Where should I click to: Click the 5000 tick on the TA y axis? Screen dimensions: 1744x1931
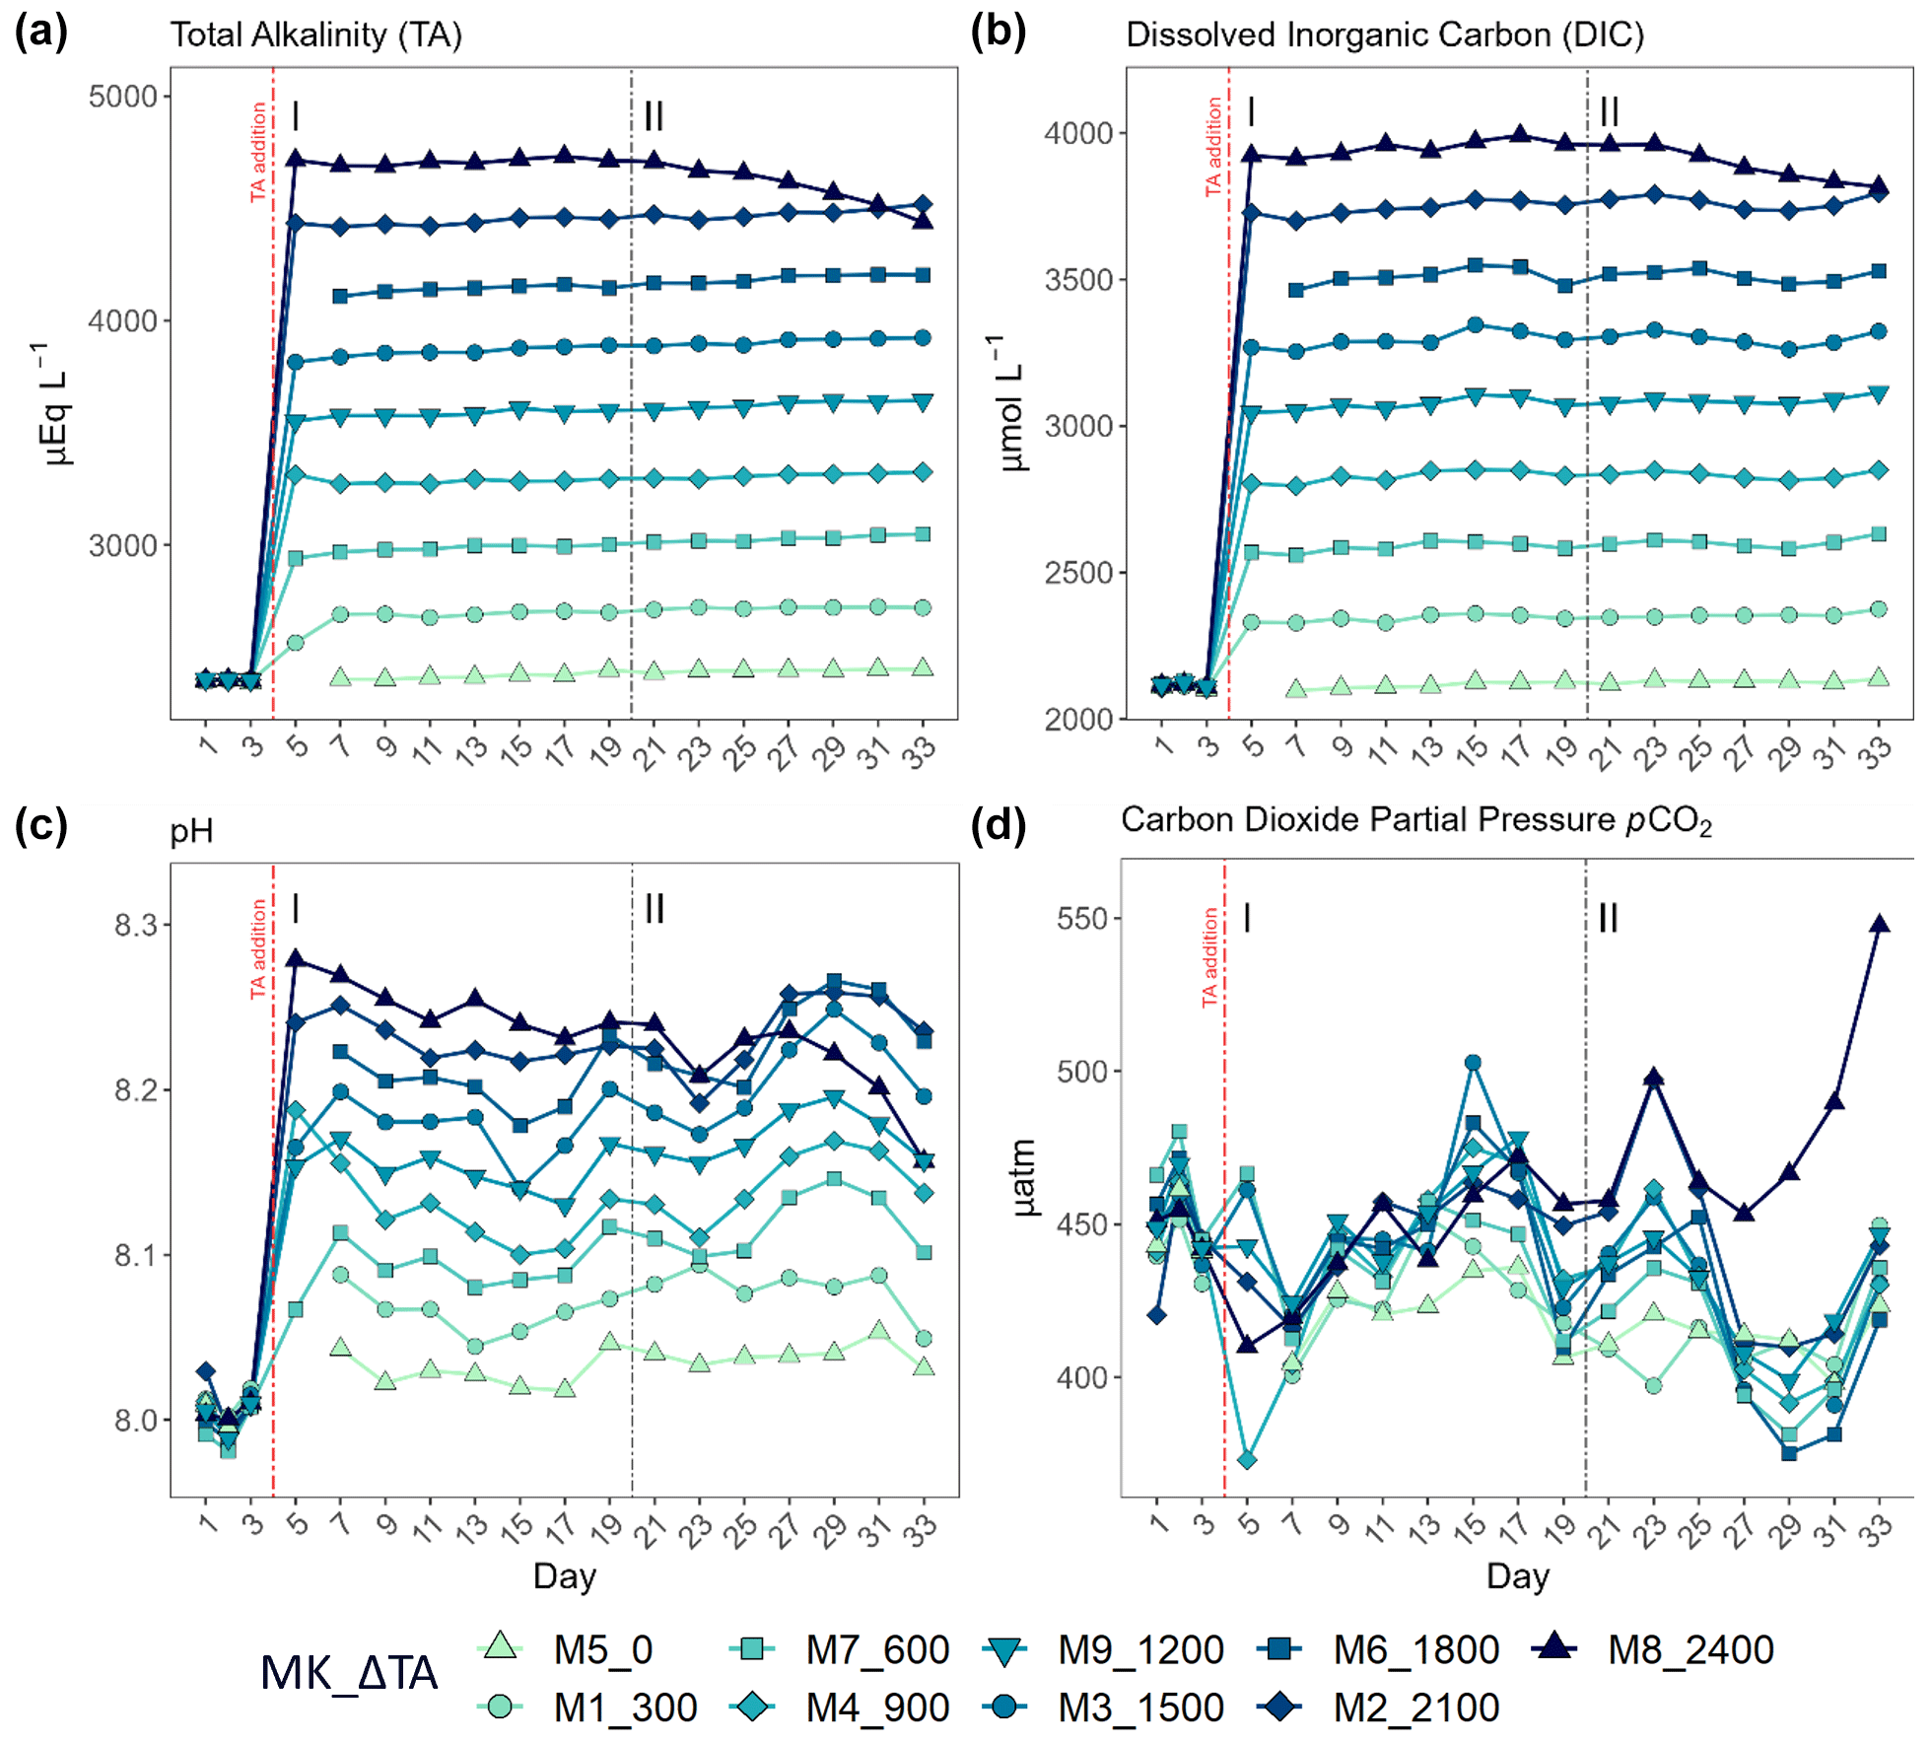[122, 97]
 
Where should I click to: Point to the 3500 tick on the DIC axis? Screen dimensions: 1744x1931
[1078, 280]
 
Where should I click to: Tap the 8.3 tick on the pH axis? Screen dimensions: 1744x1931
[135, 925]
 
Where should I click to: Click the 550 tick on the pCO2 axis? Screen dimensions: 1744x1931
[1082, 919]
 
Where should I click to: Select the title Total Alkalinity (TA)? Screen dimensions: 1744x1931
[315, 35]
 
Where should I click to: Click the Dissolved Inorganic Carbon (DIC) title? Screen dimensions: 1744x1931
[1385, 35]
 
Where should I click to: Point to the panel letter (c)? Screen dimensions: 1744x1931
[40, 825]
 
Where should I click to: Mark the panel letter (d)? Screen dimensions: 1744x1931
[998, 825]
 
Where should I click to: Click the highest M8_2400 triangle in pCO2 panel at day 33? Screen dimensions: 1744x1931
[1880, 925]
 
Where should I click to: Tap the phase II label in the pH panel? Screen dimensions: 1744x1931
[654, 908]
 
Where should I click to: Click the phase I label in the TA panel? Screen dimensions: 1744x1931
[296, 117]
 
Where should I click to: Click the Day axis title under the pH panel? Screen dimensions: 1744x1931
[564, 1575]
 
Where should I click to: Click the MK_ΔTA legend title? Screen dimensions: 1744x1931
[349, 1673]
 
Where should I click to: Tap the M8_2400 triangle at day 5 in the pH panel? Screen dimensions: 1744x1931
[295, 959]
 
